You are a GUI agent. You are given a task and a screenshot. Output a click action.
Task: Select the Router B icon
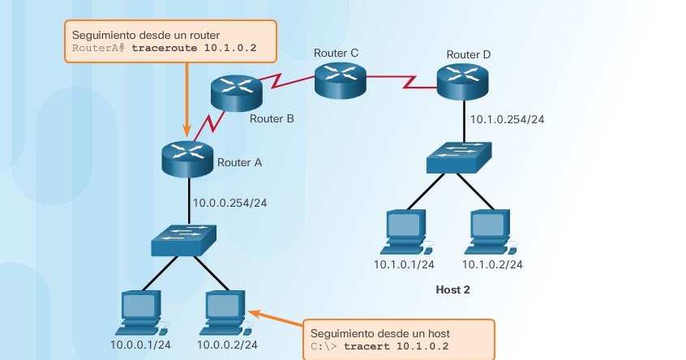pos(236,95)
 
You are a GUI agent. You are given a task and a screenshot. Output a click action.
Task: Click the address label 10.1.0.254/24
pos(508,119)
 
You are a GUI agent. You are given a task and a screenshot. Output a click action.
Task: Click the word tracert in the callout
pos(365,347)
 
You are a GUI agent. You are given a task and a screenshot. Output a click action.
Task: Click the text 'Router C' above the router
pos(337,54)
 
